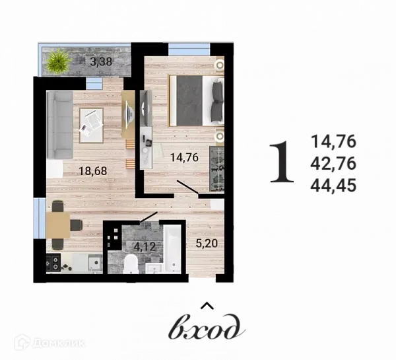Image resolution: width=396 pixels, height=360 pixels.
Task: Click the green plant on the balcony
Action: (x=59, y=63)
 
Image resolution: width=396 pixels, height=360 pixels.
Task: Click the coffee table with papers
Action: (x=91, y=124)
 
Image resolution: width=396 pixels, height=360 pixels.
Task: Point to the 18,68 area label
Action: (x=92, y=171)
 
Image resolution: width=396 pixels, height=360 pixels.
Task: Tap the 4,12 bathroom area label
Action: (x=145, y=247)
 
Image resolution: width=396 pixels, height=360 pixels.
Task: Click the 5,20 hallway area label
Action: (x=206, y=242)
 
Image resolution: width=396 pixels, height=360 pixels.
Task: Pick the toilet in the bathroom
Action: (x=131, y=266)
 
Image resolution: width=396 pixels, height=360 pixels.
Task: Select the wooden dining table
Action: (x=59, y=225)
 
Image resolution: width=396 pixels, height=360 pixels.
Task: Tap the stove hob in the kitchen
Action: (x=53, y=264)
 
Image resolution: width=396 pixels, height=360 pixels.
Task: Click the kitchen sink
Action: (x=94, y=264)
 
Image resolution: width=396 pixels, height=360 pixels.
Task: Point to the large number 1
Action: (x=283, y=163)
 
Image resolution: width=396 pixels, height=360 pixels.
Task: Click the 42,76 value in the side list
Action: (x=334, y=163)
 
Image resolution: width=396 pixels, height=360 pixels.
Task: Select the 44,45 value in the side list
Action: (x=334, y=186)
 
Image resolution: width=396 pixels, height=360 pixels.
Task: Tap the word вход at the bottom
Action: (x=207, y=326)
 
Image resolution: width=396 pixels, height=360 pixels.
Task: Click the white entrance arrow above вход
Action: (x=207, y=306)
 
